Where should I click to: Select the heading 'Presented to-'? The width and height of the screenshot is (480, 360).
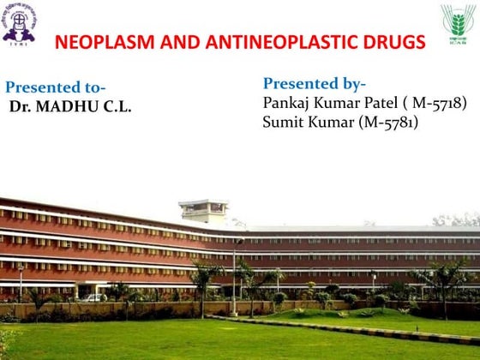click(57, 87)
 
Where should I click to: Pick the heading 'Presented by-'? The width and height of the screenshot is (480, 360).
click(314, 83)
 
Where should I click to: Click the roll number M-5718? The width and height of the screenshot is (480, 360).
click(439, 103)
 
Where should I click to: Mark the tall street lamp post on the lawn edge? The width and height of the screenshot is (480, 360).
click(234, 274)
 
